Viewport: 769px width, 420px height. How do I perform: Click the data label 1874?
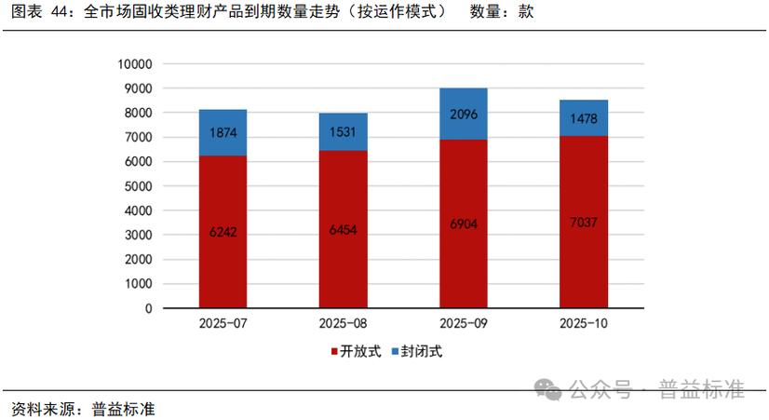[223, 132]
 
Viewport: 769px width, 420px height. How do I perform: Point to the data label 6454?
[343, 230]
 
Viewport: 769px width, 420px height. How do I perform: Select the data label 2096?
[463, 115]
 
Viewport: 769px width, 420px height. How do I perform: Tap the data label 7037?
[583, 224]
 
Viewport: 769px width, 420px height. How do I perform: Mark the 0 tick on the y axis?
[148, 307]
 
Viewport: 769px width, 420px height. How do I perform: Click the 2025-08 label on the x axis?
[343, 323]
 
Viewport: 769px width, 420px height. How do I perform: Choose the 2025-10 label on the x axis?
[583, 323]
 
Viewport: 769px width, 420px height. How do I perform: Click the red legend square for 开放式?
[334, 352]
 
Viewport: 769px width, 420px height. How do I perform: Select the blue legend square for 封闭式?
[395, 352]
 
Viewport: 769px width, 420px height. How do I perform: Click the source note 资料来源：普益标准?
[83, 407]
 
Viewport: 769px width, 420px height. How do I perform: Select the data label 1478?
[583, 118]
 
